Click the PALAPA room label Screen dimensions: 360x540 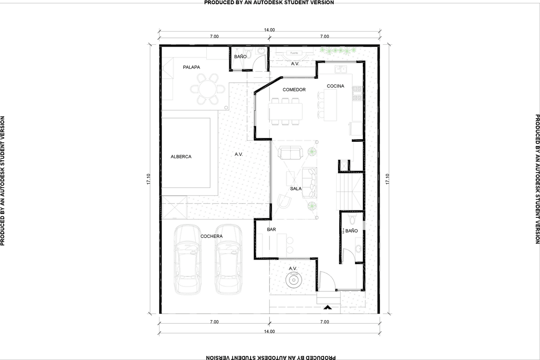click(191, 67)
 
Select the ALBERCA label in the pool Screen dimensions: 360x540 click(181, 157)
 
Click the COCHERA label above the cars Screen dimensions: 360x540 click(211, 236)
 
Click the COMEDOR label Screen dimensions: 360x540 click(294, 90)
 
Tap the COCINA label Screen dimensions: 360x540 click(335, 86)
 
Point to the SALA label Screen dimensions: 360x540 click(296, 189)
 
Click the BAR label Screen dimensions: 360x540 click(271, 230)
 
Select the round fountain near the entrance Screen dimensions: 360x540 click(294, 279)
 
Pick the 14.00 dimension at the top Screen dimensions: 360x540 click(270, 30)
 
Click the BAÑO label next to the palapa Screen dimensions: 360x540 click(240, 57)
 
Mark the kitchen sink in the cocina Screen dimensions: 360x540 click(340, 68)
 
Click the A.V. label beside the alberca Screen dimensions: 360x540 click(239, 154)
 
